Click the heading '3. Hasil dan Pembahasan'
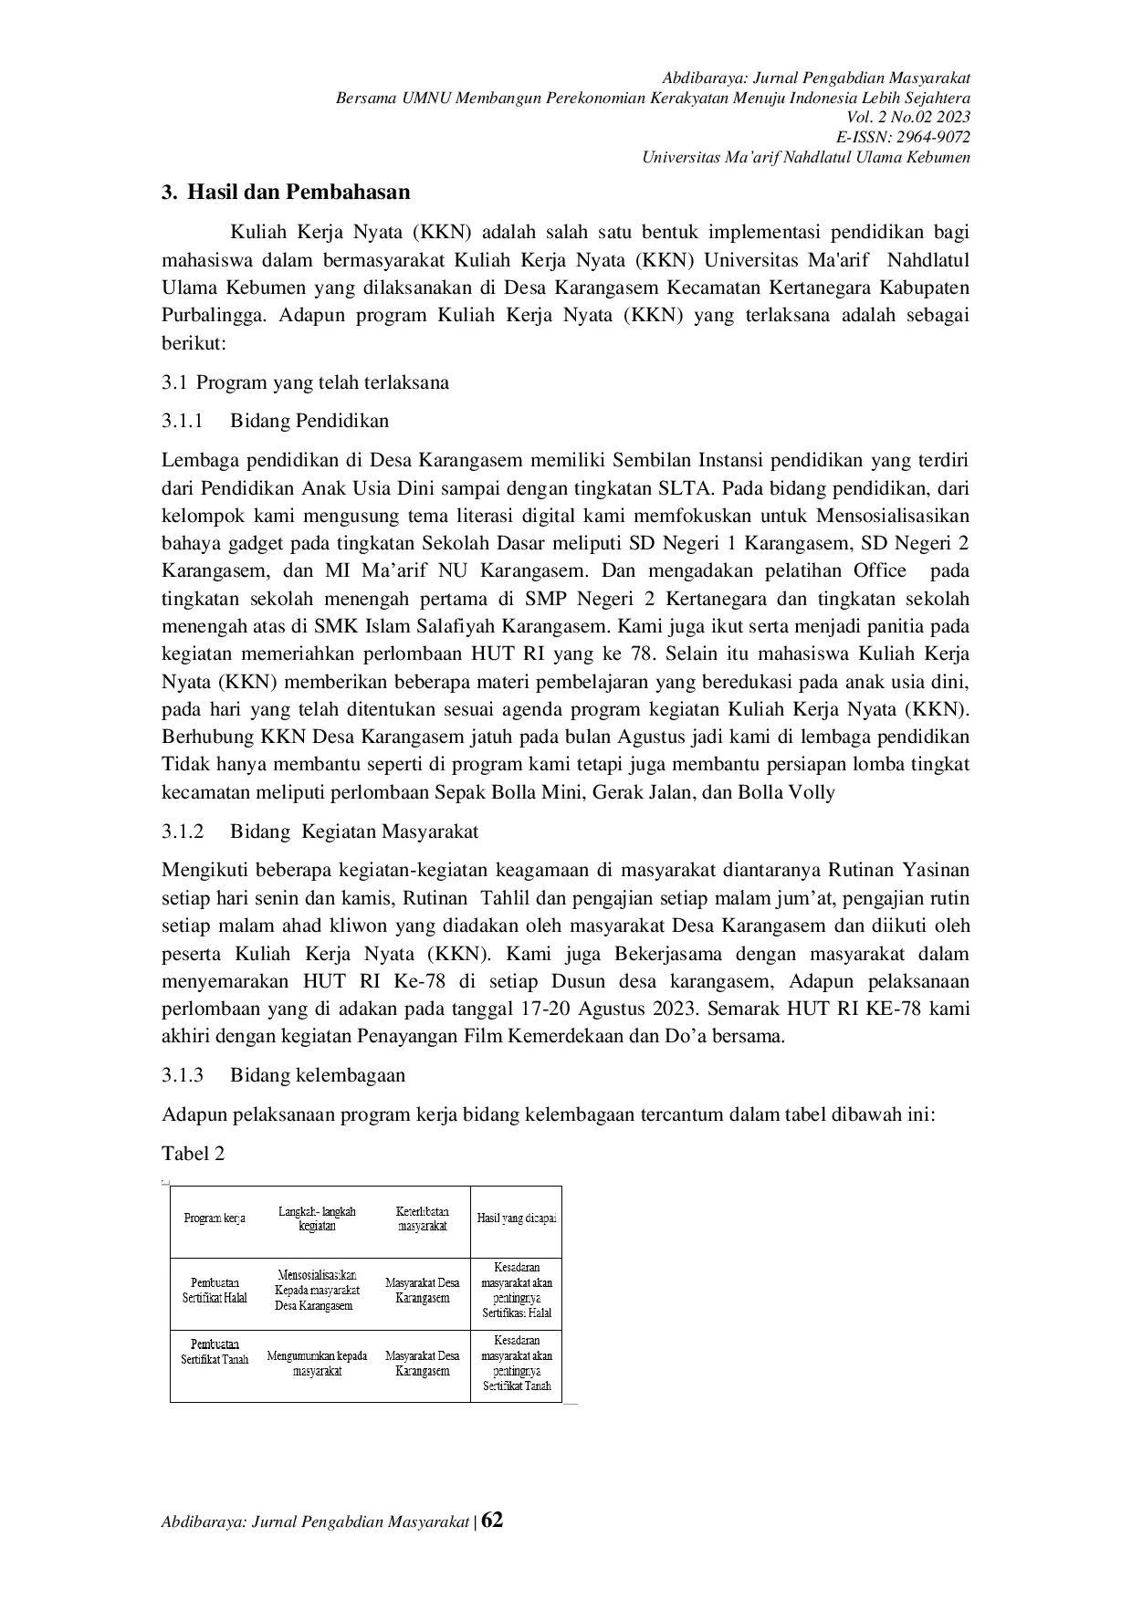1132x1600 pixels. click(286, 193)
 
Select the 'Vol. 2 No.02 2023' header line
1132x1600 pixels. click(908, 117)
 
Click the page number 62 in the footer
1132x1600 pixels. click(492, 1520)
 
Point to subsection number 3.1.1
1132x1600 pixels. click(182, 421)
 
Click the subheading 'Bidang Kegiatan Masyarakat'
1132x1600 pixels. click(354, 831)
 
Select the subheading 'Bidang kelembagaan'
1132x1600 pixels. click(317, 1075)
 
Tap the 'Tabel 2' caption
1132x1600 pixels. click(193, 1154)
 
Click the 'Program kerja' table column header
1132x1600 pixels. click(215, 1218)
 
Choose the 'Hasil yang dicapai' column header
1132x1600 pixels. click(517, 1218)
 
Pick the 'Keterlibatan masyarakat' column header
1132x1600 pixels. click(423, 1218)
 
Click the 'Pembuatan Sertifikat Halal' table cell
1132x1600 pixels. click(215, 1291)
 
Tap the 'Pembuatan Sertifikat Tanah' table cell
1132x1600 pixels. click(215, 1352)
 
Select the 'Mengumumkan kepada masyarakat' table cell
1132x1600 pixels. click(317, 1363)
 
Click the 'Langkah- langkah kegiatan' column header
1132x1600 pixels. click(317, 1218)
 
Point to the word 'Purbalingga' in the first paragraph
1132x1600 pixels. click(215, 317)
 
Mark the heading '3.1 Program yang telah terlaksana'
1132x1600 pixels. click(306, 382)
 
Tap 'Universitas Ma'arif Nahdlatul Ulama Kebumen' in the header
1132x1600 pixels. click(805, 157)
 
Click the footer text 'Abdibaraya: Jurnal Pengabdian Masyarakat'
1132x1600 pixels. click(315, 1522)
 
